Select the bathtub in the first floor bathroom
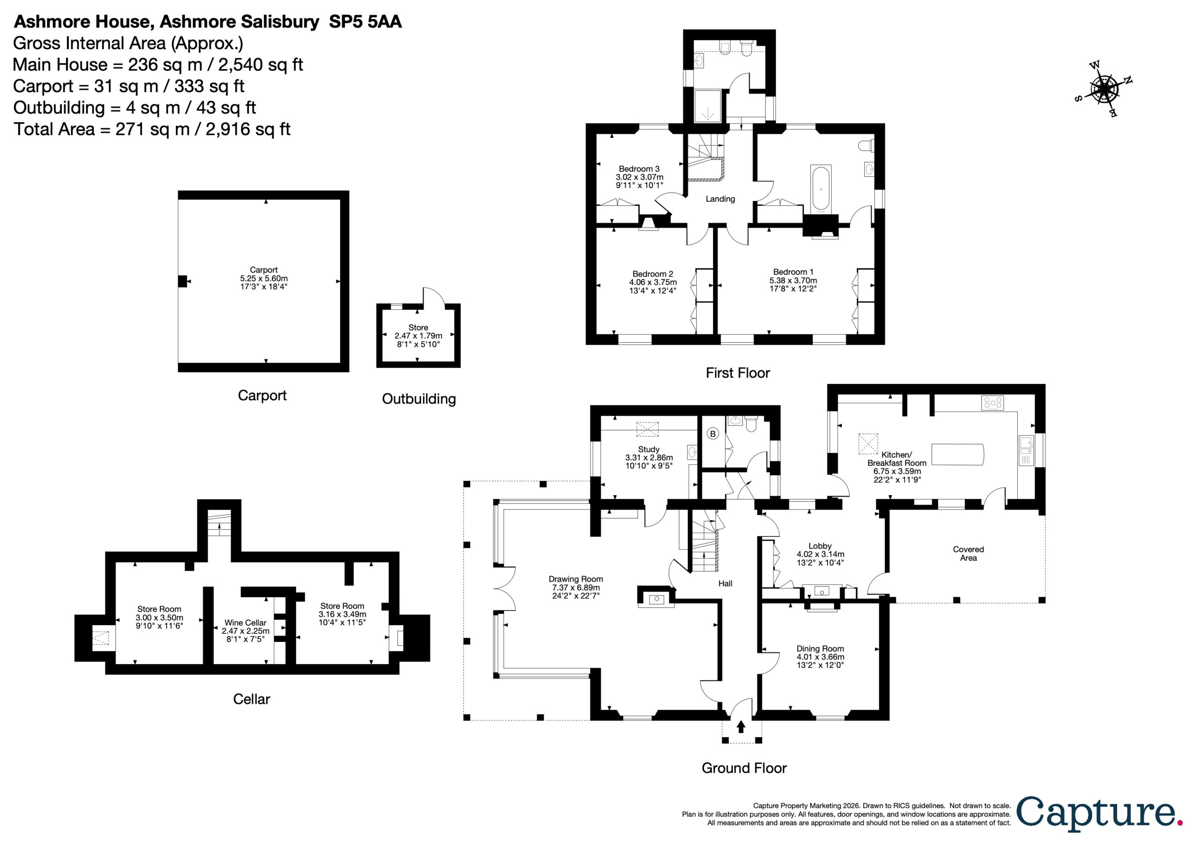[821, 188]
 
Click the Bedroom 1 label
[793, 272]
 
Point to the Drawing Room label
[576, 579]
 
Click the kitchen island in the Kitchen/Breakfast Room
[957, 454]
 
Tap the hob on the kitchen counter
[992, 403]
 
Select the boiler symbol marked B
[713, 434]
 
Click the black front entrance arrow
[741, 727]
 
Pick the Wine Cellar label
[245, 623]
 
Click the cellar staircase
[219, 524]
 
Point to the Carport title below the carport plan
[262, 395]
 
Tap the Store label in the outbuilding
[418, 327]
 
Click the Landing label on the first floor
[720, 199]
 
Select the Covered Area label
[968, 553]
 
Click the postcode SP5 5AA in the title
[365, 22]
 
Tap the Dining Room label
[820, 649]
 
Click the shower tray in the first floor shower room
[708, 107]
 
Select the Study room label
[649, 449]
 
